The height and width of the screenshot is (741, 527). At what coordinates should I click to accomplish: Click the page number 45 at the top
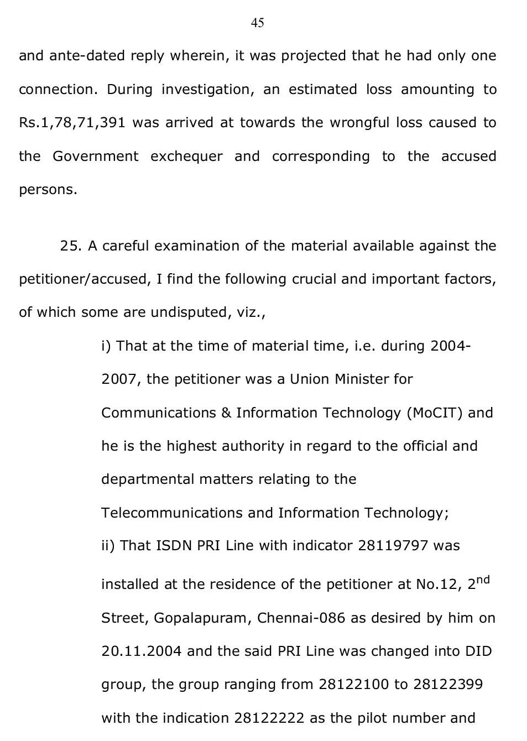point(258,23)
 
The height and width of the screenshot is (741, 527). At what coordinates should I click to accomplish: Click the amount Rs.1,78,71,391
point(72,123)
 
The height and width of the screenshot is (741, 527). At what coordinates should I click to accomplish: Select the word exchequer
point(186,156)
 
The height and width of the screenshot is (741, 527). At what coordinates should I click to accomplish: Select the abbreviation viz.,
point(251,312)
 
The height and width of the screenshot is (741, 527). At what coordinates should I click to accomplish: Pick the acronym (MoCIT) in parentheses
point(434,413)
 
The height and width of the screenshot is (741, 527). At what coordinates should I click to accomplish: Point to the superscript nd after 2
point(483,580)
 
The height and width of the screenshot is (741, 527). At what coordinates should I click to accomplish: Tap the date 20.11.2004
point(141,651)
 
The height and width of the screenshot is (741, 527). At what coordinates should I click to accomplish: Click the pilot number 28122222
point(269,718)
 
